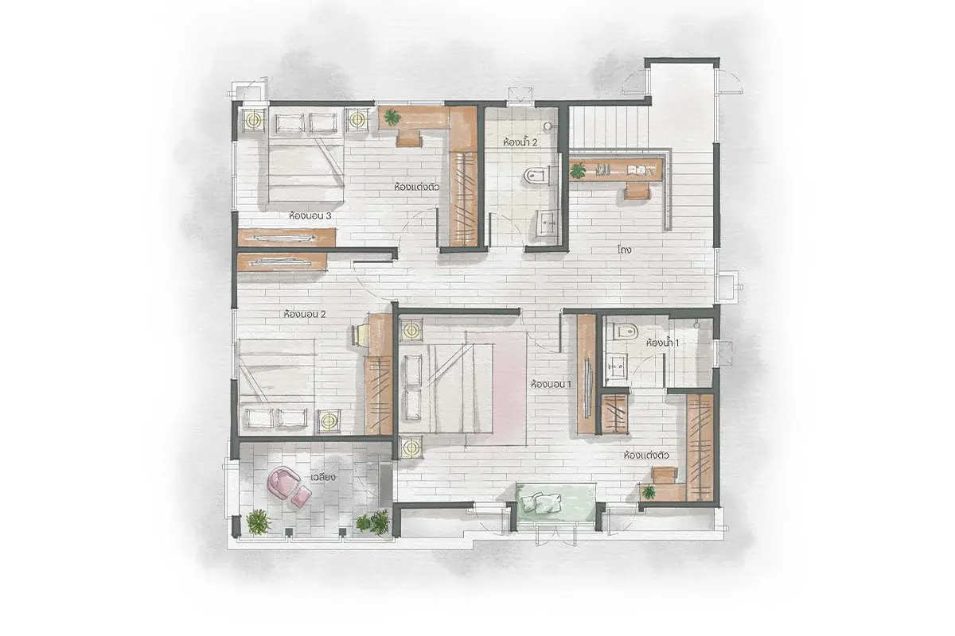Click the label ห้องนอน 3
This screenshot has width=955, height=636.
310,215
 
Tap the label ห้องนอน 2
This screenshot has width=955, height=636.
304,314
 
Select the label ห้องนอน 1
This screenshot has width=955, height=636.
551,384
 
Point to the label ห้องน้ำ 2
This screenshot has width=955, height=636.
520,142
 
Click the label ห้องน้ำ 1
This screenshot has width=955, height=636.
662,343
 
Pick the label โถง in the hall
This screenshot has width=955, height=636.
624,249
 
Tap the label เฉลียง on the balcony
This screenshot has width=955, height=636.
323,477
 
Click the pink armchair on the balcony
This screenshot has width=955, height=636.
282,480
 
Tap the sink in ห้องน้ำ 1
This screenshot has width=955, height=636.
616,366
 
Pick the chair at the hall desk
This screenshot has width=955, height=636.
637,191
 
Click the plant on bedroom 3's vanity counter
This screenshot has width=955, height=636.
392,116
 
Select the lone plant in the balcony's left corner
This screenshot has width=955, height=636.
259,522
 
